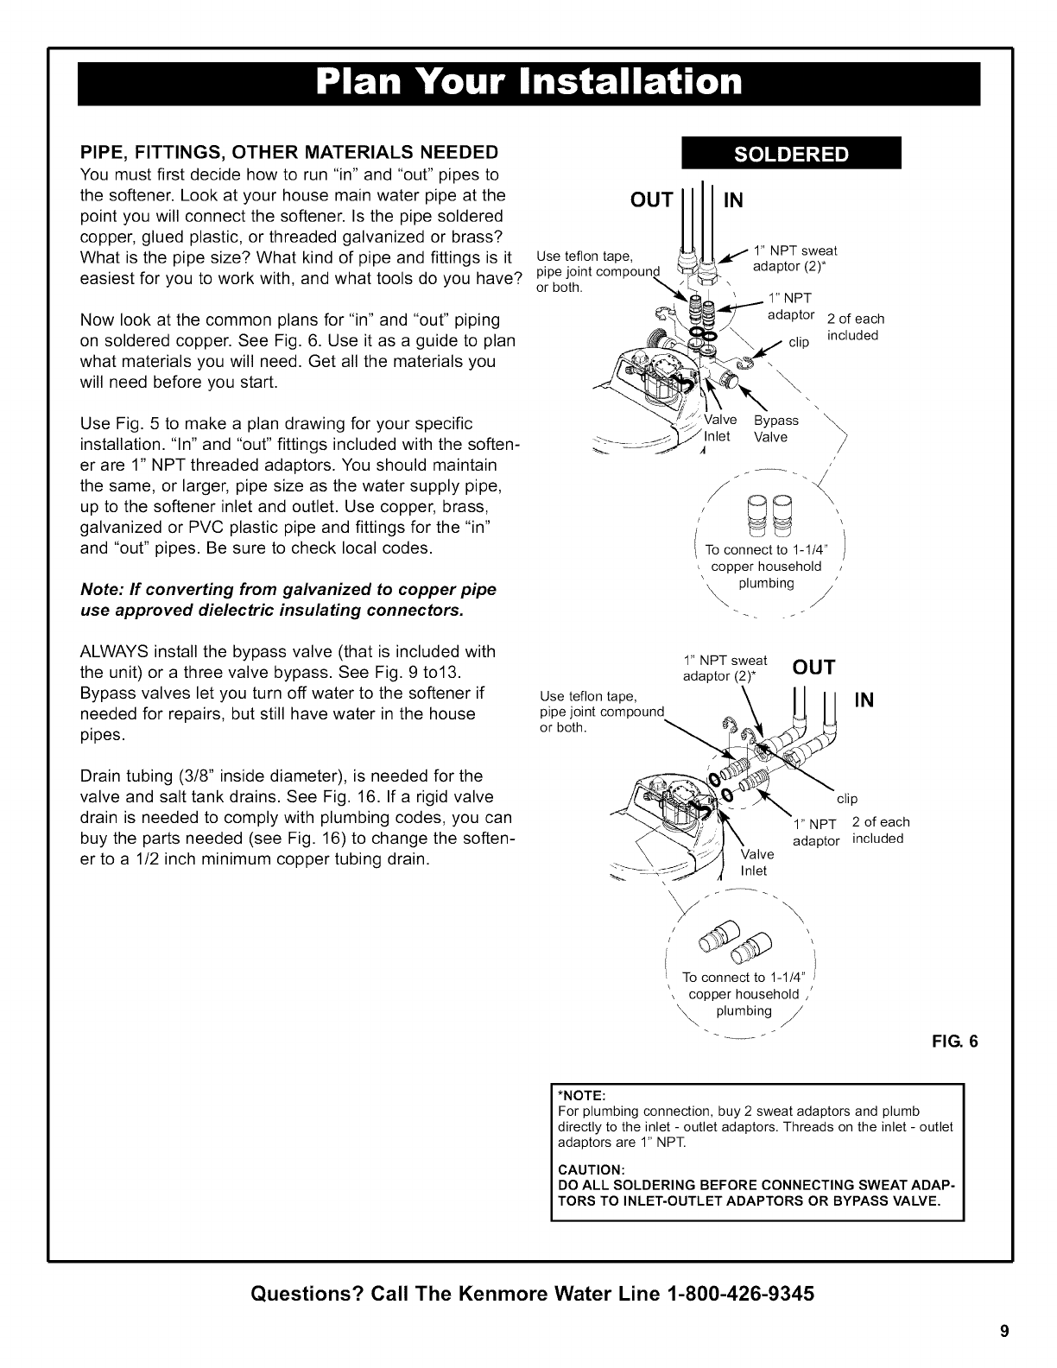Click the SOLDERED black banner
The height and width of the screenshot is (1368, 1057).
tap(791, 155)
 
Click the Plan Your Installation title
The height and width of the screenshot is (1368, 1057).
tap(528, 83)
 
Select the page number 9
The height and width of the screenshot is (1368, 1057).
tap(1004, 1329)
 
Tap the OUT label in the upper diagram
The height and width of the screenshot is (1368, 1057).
tap(652, 200)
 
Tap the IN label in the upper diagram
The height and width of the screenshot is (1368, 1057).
tap(733, 200)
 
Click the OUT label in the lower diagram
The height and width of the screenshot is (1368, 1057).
tap(813, 668)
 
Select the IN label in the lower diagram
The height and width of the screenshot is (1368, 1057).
tap(865, 700)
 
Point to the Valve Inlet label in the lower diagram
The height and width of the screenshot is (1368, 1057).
tap(754, 863)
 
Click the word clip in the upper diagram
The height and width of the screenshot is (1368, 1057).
tap(800, 343)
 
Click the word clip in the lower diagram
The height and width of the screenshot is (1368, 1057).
tap(847, 799)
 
